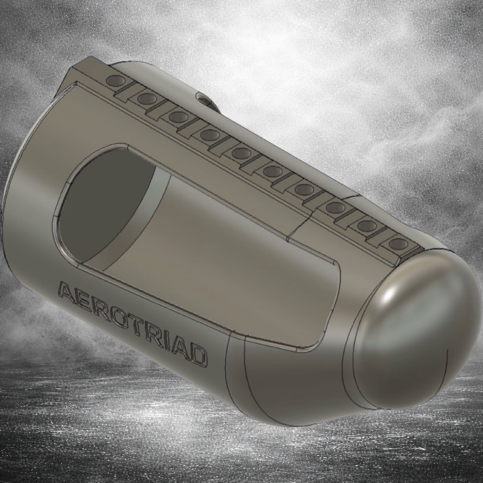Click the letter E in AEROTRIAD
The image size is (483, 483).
point(85,299)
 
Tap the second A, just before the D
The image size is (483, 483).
point(184,348)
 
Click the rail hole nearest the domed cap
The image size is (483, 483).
point(398,244)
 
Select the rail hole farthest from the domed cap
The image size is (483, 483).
point(116,81)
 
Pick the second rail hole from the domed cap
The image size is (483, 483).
point(367,226)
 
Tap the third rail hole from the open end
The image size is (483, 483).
point(178,117)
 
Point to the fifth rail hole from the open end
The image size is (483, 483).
point(241,153)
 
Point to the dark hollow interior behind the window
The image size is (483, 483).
point(103,210)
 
